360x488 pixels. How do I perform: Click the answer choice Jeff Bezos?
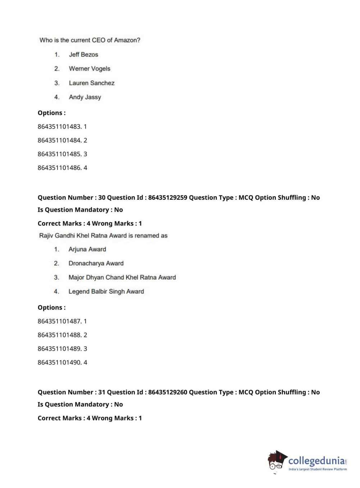pos(83,55)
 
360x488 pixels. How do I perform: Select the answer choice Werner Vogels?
pos(90,69)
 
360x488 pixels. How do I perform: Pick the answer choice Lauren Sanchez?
pos(92,83)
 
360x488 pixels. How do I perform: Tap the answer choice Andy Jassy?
pos(85,97)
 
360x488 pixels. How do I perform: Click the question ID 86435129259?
pos(168,198)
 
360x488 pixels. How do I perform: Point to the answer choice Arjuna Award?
pos(87,249)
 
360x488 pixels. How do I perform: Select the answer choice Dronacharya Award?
pos(96,263)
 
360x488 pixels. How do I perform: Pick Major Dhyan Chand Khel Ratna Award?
pos(122,277)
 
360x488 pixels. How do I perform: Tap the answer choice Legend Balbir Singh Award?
pos(106,292)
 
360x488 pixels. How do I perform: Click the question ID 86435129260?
pos(168,392)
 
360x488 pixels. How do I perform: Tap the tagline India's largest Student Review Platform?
pos(318,469)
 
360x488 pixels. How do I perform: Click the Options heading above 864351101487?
pos(51,308)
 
